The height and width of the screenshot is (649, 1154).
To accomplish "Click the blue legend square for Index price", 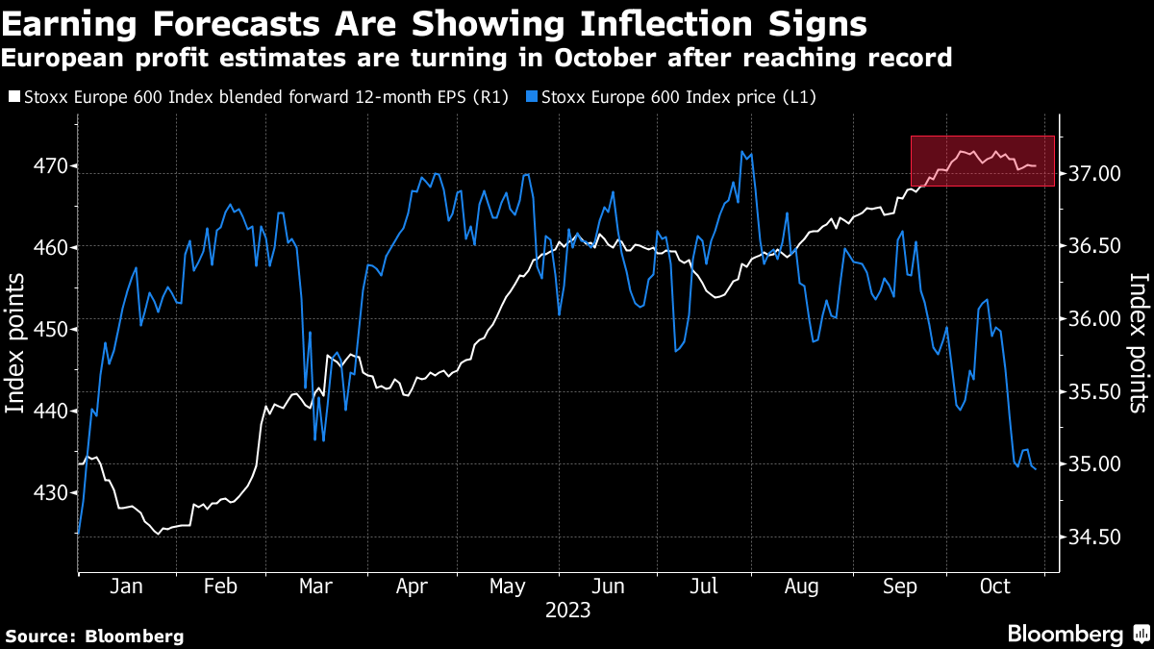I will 533,97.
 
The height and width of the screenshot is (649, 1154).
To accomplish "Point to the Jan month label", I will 127,587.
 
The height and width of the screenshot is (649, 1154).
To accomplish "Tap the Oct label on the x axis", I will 994,587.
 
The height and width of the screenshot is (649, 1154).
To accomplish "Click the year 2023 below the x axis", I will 567,610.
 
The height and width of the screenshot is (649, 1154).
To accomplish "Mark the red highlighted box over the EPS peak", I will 983,161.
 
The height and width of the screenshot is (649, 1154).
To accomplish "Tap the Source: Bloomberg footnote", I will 94,636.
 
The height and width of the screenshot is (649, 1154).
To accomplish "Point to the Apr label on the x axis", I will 412,587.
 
